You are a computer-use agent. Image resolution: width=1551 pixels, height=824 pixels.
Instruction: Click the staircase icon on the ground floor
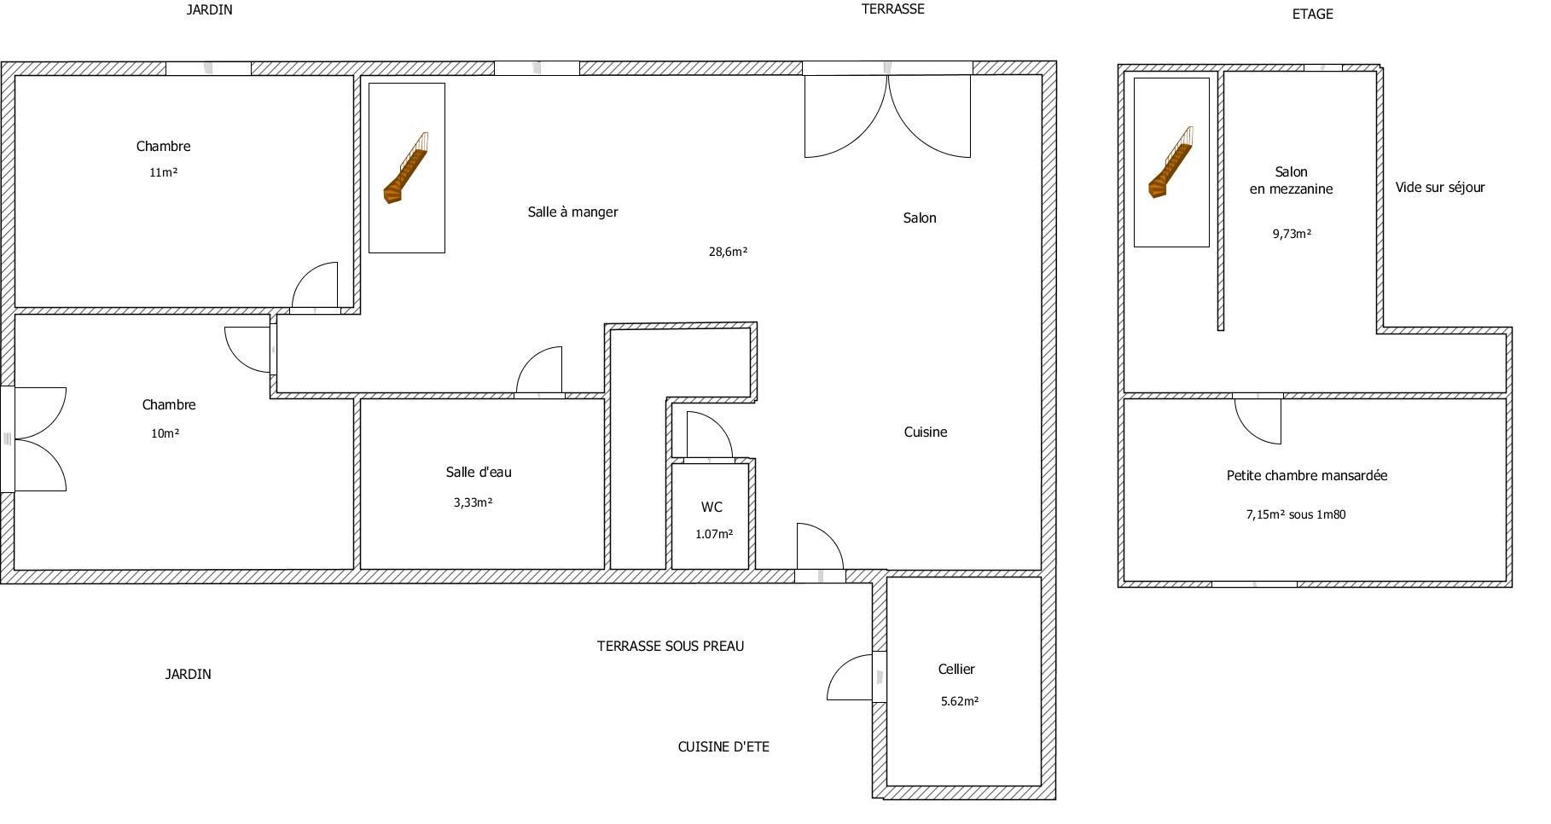tap(406, 168)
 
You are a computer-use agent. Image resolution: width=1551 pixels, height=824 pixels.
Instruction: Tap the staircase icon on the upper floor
tap(1171, 162)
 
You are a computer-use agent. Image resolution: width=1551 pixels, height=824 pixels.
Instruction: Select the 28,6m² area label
tap(728, 252)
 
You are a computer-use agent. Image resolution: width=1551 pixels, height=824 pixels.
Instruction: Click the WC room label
tap(712, 508)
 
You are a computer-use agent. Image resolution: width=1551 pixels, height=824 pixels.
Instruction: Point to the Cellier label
tap(956, 670)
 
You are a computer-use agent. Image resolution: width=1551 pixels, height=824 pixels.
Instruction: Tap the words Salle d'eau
tap(479, 473)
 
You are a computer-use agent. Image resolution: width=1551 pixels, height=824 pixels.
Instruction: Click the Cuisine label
tap(926, 432)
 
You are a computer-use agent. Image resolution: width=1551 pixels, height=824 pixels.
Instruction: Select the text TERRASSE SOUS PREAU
tap(671, 647)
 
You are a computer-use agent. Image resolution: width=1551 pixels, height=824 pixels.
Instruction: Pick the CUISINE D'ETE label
tap(723, 747)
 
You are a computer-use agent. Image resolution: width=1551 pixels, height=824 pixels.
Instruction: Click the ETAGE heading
tap(1313, 15)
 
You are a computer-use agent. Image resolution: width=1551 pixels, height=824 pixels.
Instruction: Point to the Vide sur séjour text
tap(1440, 188)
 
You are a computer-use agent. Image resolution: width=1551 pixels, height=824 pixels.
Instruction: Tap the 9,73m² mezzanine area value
tap(1292, 234)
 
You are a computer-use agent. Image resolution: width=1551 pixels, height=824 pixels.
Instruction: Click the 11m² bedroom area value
tap(163, 172)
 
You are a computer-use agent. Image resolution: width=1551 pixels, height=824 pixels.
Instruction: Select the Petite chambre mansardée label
tap(1307, 476)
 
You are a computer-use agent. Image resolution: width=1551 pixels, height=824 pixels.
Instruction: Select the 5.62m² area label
tap(959, 702)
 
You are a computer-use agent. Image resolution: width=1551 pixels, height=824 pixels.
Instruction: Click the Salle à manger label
tap(572, 212)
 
